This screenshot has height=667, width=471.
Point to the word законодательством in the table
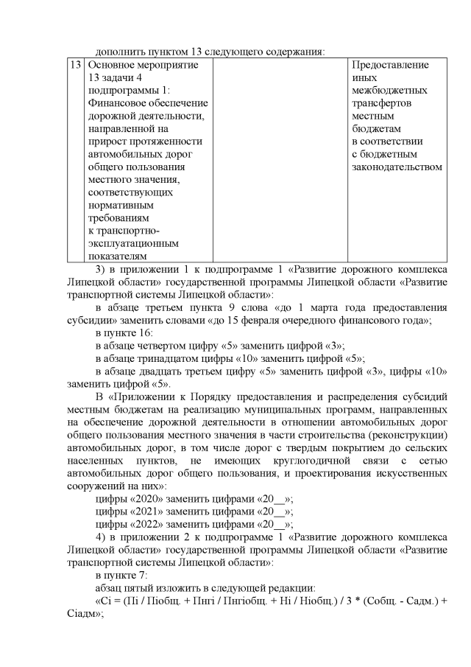pos(397,167)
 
